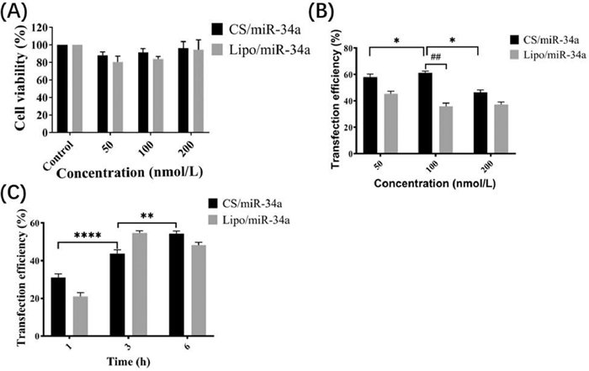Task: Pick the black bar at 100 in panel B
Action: (x=424, y=103)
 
